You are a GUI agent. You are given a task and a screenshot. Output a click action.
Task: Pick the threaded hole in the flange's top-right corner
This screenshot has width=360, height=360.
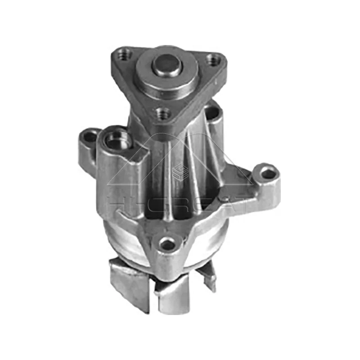216,59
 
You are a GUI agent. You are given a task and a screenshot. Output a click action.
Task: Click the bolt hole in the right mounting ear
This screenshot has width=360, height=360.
268,172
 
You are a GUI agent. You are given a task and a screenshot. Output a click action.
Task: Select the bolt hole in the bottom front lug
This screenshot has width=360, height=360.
167,244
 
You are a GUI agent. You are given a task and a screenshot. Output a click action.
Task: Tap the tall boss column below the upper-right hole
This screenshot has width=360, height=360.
215,135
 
